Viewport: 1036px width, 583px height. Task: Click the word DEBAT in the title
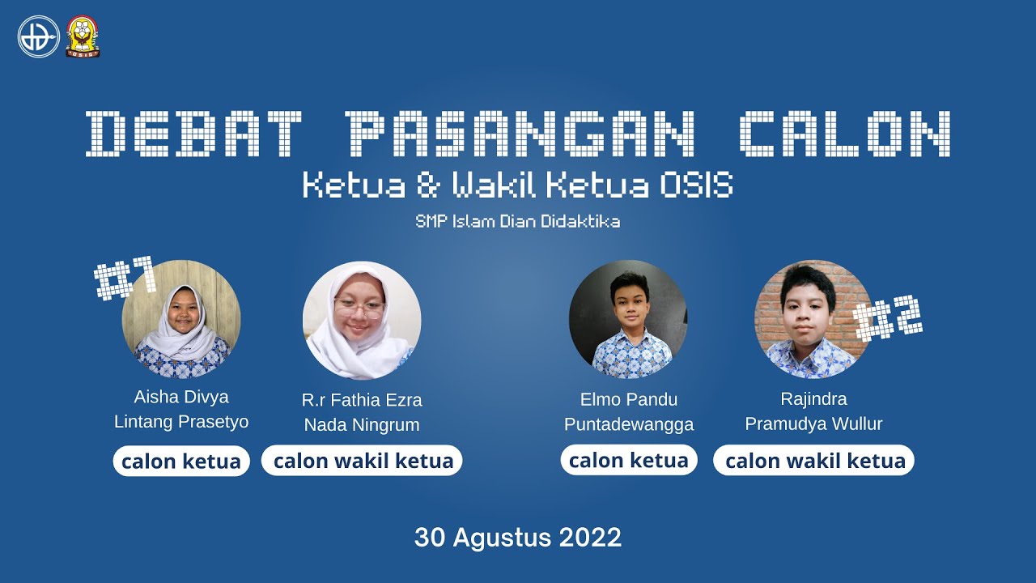click(x=193, y=134)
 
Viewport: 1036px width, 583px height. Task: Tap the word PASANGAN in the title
click(x=519, y=134)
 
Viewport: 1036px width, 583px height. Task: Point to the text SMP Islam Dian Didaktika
click(x=518, y=221)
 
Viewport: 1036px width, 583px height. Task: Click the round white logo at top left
click(x=39, y=36)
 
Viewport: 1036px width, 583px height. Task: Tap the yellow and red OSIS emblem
click(x=83, y=36)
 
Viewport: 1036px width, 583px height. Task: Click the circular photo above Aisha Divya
click(x=180, y=319)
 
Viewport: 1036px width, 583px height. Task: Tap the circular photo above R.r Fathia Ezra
click(x=362, y=321)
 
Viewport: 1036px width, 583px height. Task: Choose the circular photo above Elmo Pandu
click(x=628, y=319)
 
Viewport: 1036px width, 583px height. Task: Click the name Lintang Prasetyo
click(x=181, y=422)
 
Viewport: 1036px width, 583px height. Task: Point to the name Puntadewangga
click(x=629, y=424)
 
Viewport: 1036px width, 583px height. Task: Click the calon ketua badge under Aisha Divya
click(x=181, y=462)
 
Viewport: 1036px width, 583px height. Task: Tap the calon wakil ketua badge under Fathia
click(x=363, y=461)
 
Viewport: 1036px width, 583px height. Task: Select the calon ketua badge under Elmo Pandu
click(x=629, y=460)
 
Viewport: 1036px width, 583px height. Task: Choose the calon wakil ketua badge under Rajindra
click(x=814, y=461)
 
